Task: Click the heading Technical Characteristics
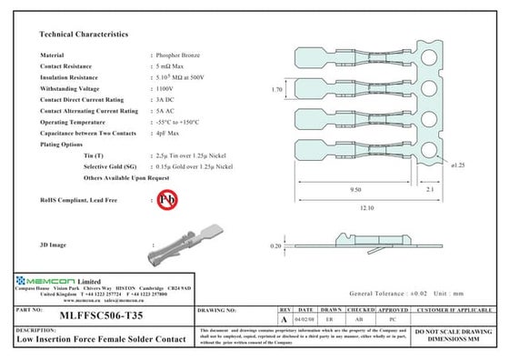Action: [84, 34]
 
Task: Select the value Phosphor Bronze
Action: [179, 55]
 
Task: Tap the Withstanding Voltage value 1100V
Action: [164, 88]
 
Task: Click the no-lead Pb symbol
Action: [167, 199]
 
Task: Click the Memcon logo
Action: [43, 283]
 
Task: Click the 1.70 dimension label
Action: [278, 90]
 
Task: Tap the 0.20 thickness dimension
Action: [275, 246]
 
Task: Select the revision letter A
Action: [284, 320]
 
